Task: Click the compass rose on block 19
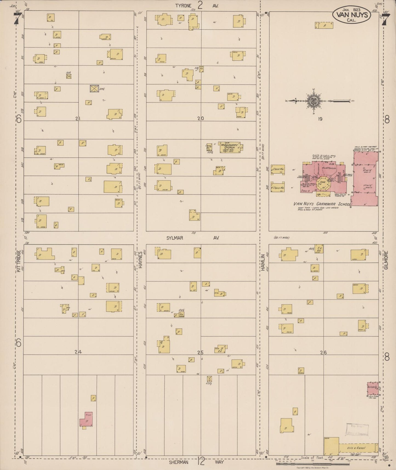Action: (x=313, y=101)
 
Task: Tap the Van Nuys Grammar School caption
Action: (x=320, y=204)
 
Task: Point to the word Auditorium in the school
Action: (x=329, y=168)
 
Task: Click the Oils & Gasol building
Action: (x=356, y=448)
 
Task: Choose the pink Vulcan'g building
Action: (x=373, y=388)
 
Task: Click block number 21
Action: (x=78, y=118)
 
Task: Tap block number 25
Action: (x=201, y=352)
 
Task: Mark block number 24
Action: (x=78, y=352)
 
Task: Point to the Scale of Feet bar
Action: (x=299, y=464)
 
